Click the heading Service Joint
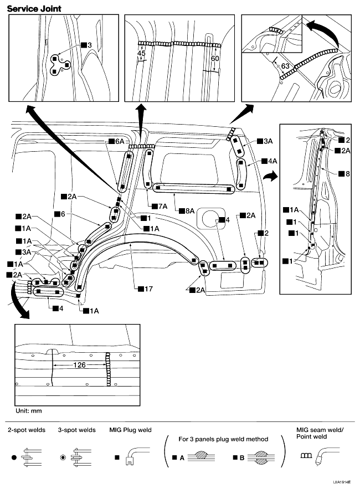click(34, 8)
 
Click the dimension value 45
click(141, 53)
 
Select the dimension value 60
click(214, 57)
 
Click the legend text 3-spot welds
click(76, 430)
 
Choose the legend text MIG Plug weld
click(132, 430)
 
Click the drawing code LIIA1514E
click(342, 482)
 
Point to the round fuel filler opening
click(207, 217)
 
